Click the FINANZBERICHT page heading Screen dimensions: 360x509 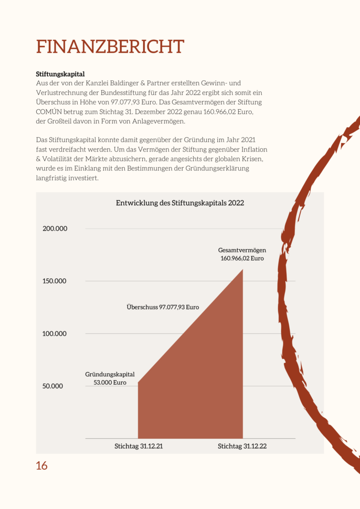click(110, 46)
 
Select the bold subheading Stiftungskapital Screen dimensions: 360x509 click(60, 74)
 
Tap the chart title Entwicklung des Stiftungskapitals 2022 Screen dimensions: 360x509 click(180, 203)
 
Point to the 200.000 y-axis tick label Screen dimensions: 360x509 click(55, 229)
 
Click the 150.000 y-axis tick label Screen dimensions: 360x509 click(54, 281)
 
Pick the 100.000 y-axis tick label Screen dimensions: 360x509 click(54, 334)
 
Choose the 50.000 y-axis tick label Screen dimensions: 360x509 click(53, 386)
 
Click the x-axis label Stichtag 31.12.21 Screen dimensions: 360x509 click(139, 446)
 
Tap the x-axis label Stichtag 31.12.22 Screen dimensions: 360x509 click(242, 446)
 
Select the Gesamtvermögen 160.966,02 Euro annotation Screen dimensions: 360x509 click(242, 254)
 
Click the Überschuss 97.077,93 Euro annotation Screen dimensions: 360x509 click(163, 307)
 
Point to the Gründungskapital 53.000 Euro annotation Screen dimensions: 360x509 click(110, 378)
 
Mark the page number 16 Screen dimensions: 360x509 click(42, 466)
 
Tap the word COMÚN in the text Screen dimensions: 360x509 click(47, 112)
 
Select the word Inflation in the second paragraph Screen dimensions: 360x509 click(255, 150)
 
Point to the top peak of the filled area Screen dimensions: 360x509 click(243, 269)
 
